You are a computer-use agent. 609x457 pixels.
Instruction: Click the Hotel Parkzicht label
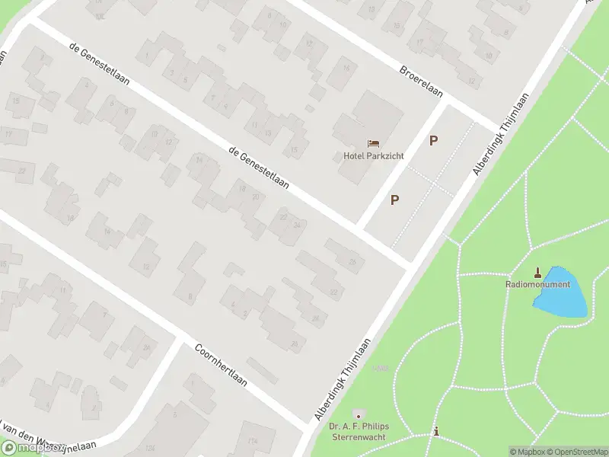[373, 156]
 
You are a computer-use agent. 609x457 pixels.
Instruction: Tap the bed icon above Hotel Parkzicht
[373, 143]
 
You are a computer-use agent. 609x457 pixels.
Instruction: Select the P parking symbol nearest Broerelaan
[434, 140]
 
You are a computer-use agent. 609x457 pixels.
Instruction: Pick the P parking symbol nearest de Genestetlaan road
[394, 200]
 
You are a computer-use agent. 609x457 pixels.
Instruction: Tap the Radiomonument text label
[537, 284]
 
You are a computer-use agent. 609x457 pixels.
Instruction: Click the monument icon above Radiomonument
[538, 272]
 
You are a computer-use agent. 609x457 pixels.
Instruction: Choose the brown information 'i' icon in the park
[435, 432]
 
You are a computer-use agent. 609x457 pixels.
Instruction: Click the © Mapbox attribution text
[527, 452]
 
